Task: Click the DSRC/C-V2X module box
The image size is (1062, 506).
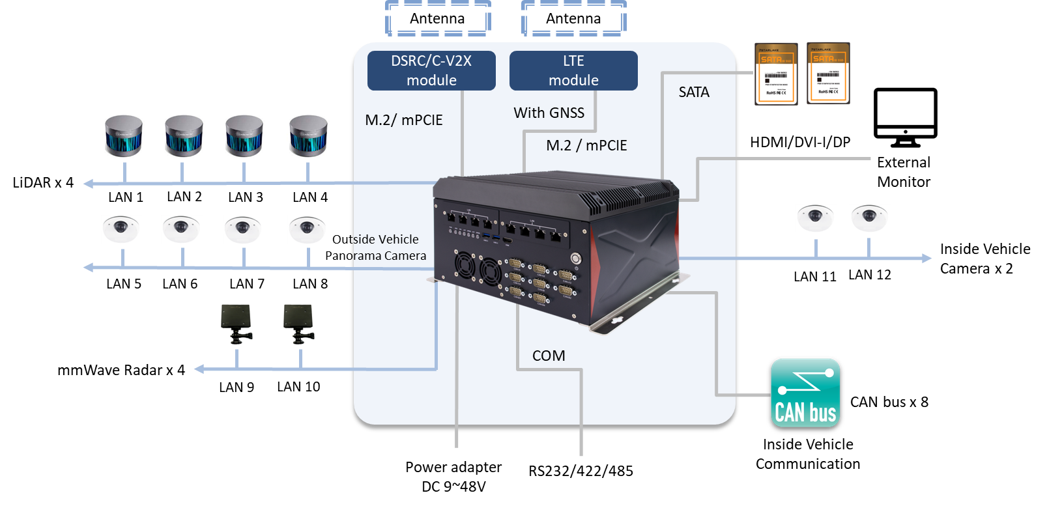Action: [x=431, y=70]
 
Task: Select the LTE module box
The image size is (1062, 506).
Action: [x=573, y=70]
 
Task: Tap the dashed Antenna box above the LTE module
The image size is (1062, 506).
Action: [x=573, y=18]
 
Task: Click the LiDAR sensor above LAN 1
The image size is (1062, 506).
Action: [x=124, y=138]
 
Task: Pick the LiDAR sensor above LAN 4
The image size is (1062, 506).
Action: [x=309, y=138]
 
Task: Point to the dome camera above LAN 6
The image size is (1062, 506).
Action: [x=181, y=229]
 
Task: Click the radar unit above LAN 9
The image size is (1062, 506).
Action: [x=237, y=324]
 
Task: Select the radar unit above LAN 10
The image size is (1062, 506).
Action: [x=299, y=324]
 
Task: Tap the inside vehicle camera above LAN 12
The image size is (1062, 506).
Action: [x=869, y=218]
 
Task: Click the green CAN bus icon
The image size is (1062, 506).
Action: [x=805, y=395]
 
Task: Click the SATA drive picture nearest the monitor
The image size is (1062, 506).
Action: [x=828, y=73]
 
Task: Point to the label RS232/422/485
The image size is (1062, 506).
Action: [x=581, y=471]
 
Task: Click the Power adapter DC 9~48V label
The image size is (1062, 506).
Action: [x=453, y=477]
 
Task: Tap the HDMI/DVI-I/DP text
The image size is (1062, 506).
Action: [x=800, y=142]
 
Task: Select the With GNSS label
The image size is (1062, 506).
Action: [x=549, y=113]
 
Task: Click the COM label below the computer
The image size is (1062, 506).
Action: [x=549, y=356]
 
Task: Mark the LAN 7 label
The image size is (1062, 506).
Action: [x=246, y=284]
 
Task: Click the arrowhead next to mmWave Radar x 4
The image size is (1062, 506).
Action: [x=199, y=369]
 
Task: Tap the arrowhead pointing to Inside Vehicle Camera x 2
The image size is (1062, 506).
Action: [x=926, y=258]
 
